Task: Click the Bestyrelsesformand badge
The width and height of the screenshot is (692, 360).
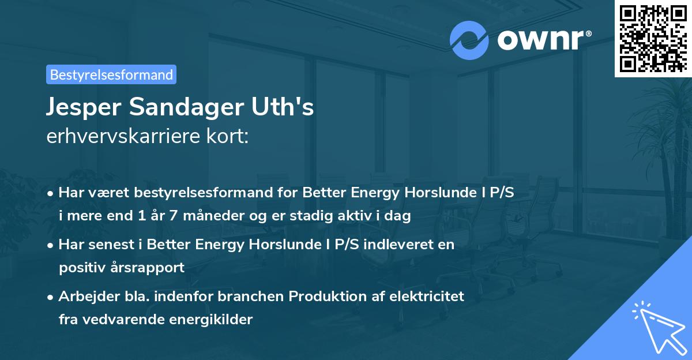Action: pos(111,74)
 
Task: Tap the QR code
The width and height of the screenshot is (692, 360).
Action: pos(653,38)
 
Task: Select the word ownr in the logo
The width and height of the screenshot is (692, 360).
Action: pos(540,40)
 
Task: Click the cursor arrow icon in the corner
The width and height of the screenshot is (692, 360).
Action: pos(657,327)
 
